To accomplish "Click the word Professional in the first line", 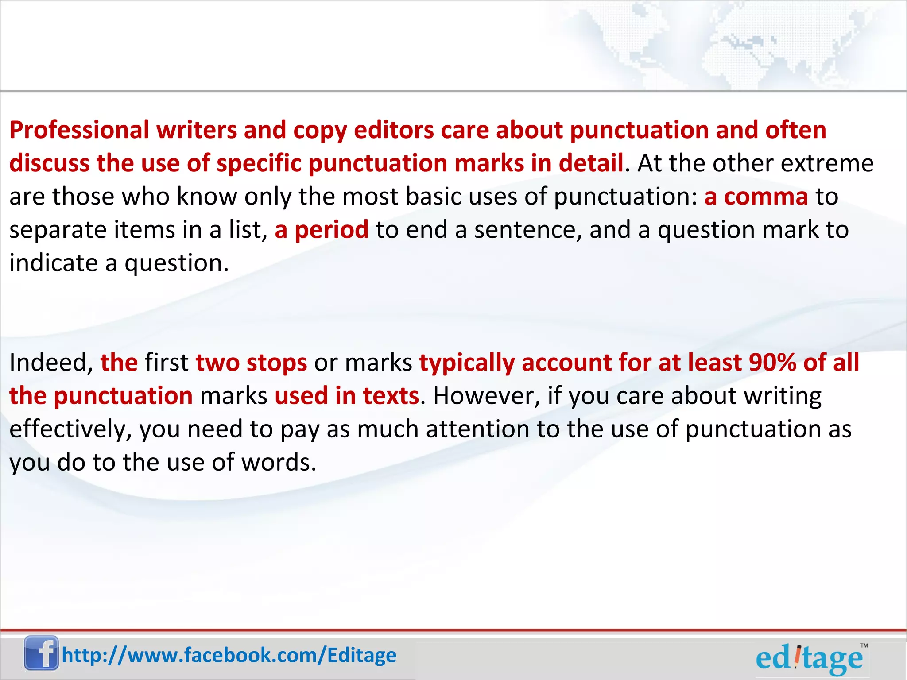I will click(79, 130).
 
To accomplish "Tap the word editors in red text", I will click(394, 130).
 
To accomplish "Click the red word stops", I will click(277, 363).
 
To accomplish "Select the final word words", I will click(278, 462).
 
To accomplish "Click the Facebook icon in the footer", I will click(41, 653).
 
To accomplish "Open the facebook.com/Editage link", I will click(229, 655).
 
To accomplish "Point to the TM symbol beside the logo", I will click(864, 645).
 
